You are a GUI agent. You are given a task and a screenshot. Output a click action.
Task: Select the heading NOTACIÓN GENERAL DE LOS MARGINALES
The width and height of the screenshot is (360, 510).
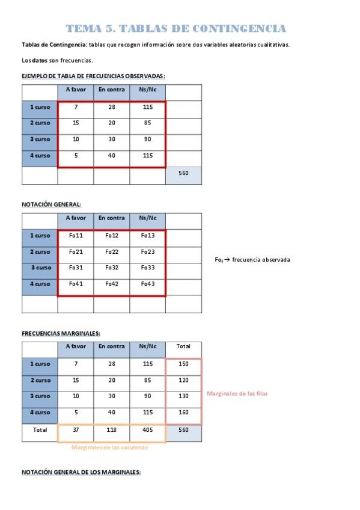[81, 472]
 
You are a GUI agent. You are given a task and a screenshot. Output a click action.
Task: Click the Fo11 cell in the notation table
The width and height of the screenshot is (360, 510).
[76, 235]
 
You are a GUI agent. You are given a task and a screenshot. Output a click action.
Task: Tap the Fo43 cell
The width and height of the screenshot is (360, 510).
[148, 284]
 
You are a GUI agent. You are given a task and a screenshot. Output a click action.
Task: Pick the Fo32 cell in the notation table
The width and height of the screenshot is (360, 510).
[112, 268]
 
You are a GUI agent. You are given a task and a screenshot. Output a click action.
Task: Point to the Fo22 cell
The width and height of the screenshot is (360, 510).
[112, 251]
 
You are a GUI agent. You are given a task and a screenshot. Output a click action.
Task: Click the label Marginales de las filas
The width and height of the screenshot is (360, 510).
[237, 393]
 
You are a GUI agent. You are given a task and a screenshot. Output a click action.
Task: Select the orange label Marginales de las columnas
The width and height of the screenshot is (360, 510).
[109, 447]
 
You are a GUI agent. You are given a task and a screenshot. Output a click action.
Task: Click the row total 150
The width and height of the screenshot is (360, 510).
[183, 364]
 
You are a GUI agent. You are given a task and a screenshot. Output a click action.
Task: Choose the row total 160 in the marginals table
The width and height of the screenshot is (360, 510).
[183, 413]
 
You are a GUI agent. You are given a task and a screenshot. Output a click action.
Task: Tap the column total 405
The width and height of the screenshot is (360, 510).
[148, 429]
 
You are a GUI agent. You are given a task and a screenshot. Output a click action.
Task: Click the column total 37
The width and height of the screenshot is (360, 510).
[76, 429]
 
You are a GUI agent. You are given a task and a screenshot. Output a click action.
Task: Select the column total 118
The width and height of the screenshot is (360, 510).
[112, 429]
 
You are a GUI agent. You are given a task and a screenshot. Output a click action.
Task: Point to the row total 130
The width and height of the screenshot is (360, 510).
[183, 396]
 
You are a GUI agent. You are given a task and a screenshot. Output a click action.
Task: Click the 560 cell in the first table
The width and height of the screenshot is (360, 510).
[183, 173]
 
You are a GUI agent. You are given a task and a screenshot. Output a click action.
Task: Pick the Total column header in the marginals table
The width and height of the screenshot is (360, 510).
[183, 346]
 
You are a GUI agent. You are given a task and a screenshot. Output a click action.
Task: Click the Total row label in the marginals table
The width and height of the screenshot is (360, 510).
[40, 429]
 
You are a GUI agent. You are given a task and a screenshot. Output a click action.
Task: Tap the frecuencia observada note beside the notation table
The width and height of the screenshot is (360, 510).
[252, 260]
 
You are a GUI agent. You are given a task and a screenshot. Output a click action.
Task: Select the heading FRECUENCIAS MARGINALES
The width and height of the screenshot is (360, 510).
[61, 333]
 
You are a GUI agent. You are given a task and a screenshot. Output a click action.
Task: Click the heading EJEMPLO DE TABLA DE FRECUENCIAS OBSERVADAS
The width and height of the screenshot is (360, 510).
[93, 76]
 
